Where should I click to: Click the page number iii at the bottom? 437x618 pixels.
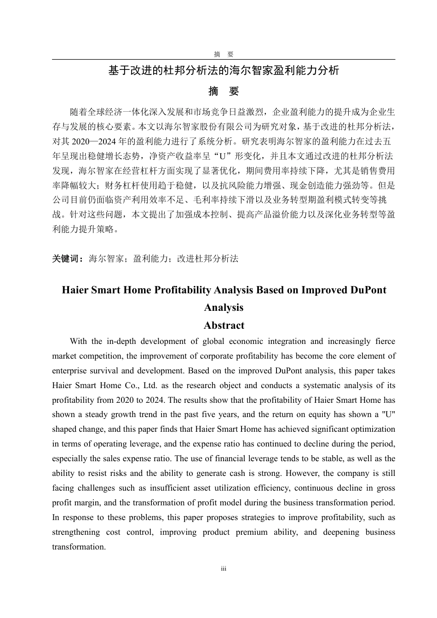pos(224,569)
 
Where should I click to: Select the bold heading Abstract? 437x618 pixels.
pos(224,325)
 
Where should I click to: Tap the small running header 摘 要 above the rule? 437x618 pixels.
pos(224,54)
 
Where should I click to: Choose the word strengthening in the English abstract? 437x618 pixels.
pos(76,532)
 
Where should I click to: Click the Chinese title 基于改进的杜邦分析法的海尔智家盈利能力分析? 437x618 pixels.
pos(224,70)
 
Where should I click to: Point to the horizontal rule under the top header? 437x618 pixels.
pos(224,59)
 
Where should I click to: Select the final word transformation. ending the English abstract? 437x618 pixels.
pos(79,547)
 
